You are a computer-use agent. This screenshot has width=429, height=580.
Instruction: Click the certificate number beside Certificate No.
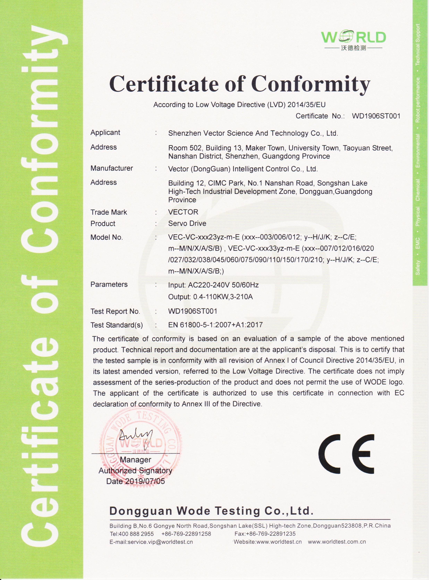[376, 116]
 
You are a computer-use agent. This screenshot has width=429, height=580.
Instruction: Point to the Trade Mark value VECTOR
[183, 212]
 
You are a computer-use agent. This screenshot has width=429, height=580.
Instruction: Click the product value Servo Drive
[187, 224]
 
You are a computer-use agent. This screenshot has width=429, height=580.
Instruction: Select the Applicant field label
[105, 133]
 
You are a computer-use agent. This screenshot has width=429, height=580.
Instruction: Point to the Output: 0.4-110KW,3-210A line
[210, 297]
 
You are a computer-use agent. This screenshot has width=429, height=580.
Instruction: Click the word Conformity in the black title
[310, 84]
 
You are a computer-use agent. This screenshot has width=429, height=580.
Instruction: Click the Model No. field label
[107, 237]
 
